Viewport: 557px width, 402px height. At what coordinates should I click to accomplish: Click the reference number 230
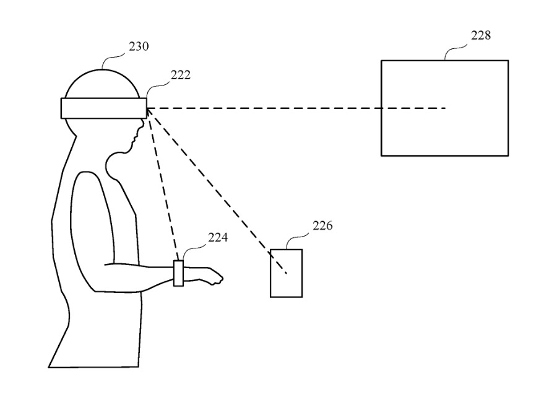(x=139, y=46)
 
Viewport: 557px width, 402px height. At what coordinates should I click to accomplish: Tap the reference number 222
(x=181, y=75)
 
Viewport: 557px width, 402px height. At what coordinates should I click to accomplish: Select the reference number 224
(x=201, y=237)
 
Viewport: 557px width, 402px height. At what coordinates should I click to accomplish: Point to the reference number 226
(x=322, y=225)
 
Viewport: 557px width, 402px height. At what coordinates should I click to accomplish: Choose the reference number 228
(x=481, y=35)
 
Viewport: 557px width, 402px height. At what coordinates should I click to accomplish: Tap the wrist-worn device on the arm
(x=178, y=273)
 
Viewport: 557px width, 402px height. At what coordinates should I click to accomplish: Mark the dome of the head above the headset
(x=101, y=81)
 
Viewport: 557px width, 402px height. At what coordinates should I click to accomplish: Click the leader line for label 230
(x=114, y=58)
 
